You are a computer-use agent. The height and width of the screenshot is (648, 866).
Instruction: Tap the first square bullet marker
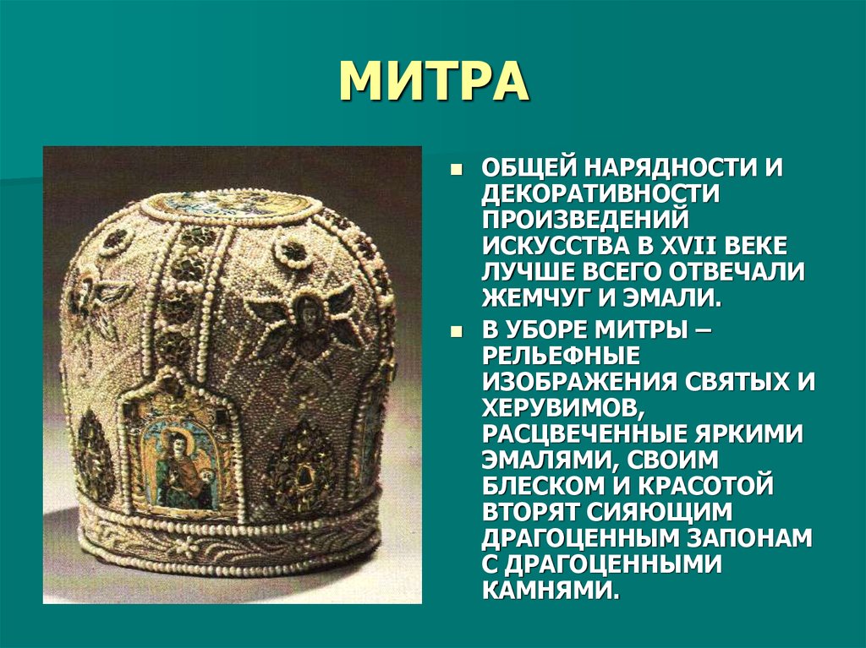click(x=457, y=169)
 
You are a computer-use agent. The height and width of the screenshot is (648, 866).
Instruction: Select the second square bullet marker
click(x=457, y=329)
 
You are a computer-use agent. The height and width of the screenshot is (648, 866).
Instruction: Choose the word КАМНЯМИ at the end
click(x=548, y=591)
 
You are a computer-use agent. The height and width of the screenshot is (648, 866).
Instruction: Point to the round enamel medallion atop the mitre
click(x=242, y=204)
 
